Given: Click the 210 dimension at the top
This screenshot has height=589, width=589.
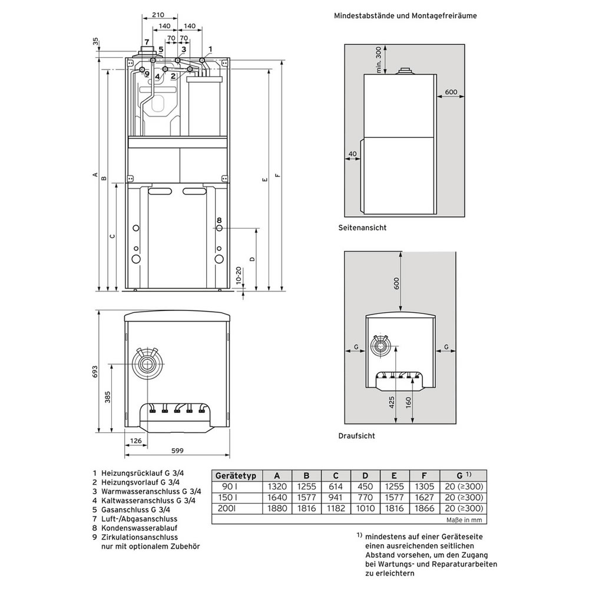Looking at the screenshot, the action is click(x=158, y=15).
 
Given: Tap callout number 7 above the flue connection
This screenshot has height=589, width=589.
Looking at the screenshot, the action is click(x=147, y=42).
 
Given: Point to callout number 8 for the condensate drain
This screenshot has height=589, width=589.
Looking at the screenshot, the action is click(x=219, y=220).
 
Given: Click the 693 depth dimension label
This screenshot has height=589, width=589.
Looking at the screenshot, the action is click(x=95, y=372).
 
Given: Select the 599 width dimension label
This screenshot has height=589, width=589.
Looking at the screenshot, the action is click(x=177, y=451).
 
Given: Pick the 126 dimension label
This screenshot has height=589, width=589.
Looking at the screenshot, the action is click(x=135, y=441).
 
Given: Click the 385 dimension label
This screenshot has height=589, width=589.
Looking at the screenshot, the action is click(x=108, y=397).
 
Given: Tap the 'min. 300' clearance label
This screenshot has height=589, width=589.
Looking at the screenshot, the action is click(x=378, y=59).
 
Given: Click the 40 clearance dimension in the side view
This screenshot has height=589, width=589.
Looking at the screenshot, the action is click(x=352, y=154).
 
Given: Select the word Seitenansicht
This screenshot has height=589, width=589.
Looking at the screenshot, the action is click(x=362, y=227).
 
